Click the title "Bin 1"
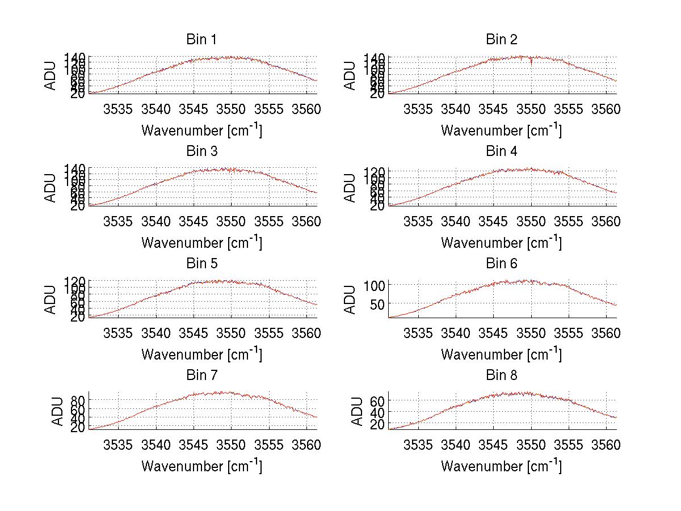pos(201,40)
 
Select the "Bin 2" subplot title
pos(501,40)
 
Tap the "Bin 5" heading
pos(201,264)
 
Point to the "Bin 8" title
pos(501,375)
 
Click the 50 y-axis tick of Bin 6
pos(378,304)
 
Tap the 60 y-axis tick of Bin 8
pos(378,401)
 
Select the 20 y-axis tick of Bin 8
pos(378,424)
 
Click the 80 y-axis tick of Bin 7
pos(78,401)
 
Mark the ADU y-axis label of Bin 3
pos(51,187)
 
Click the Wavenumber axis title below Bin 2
pos(501,130)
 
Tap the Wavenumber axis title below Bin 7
pos(201,466)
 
